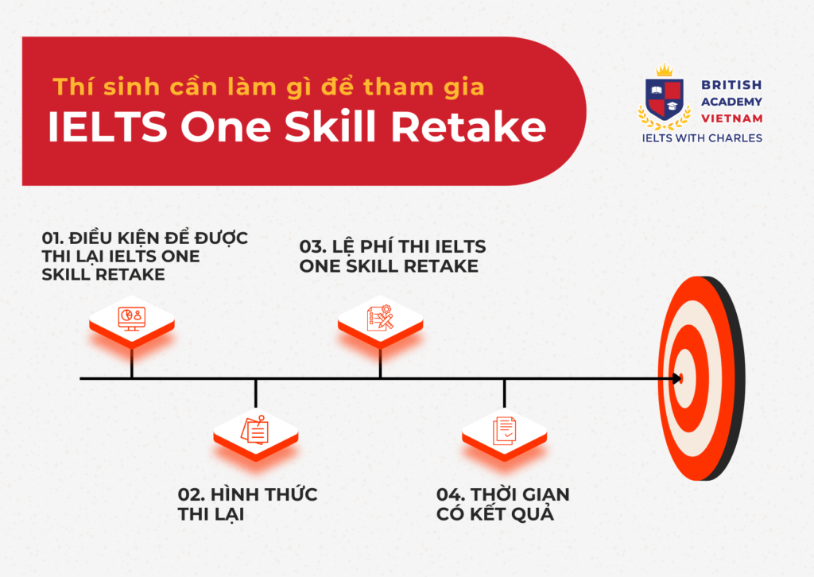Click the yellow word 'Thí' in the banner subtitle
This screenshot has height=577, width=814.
click(x=69, y=87)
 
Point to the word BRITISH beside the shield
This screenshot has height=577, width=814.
click(x=731, y=84)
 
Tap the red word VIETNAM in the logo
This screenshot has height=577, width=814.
click(x=732, y=118)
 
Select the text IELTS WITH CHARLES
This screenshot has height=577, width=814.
click(x=701, y=138)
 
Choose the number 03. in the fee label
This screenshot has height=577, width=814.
click(x=313, y=247)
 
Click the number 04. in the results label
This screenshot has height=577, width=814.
click(x=451, y=495)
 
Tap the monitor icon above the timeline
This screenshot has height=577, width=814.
click(x=130, y=317)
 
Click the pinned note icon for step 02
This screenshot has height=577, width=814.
click(x=255, y=430)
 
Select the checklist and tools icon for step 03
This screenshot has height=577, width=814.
click(x=380, y=317)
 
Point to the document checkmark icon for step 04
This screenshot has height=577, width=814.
click(x=505, y=430)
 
